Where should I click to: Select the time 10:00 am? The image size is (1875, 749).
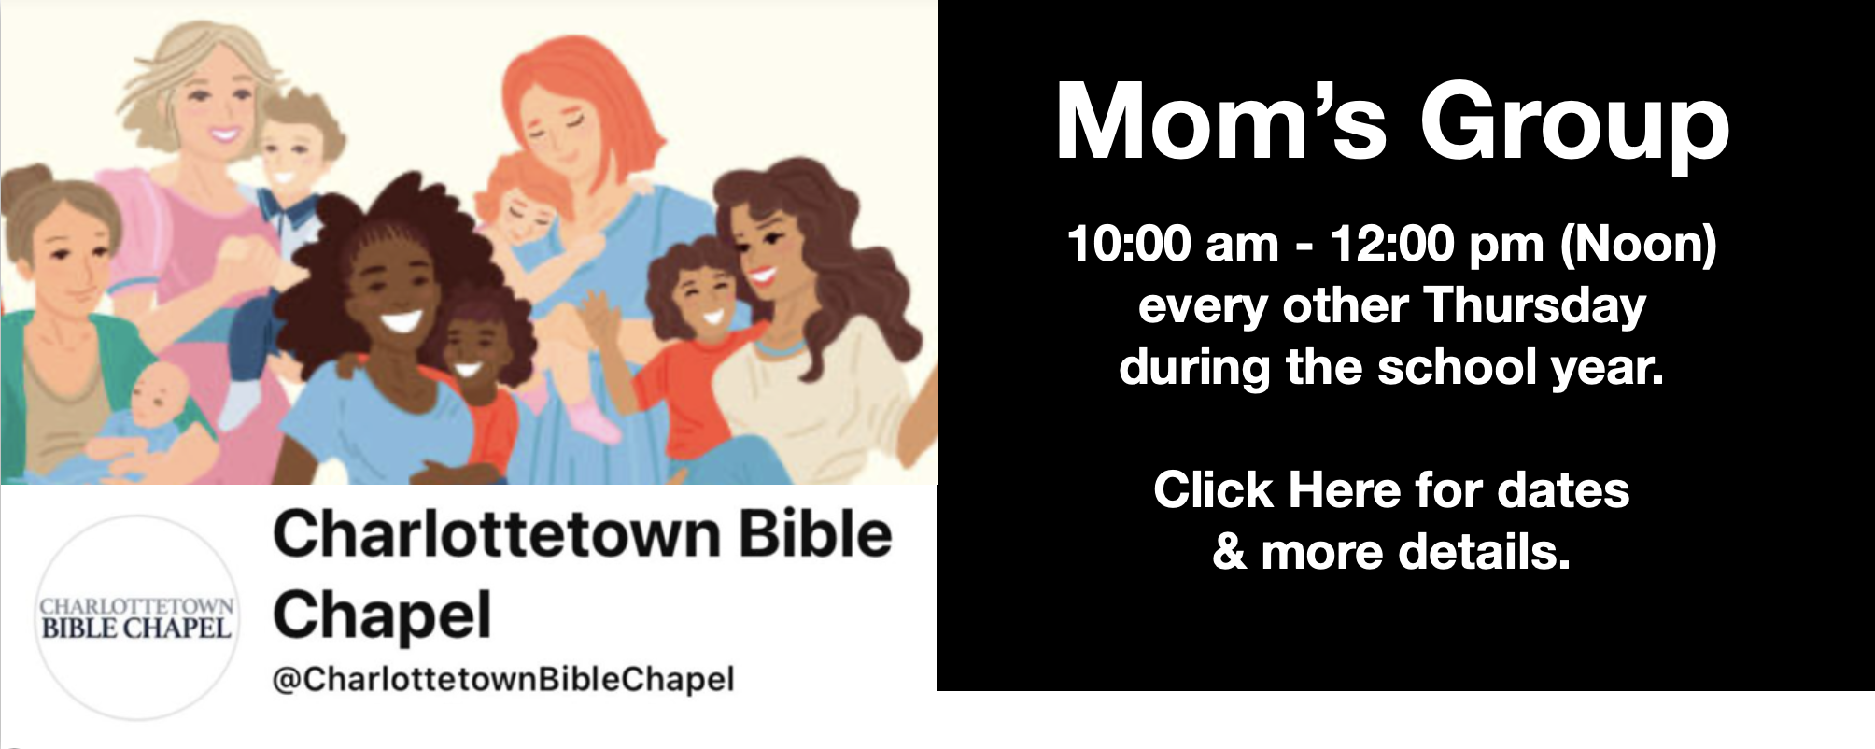coord(1173,245)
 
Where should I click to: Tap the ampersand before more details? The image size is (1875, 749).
coord(1231,552)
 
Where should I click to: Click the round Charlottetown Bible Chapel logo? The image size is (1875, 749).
coord(136,618)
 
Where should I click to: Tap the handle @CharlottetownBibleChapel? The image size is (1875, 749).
coord(503,679)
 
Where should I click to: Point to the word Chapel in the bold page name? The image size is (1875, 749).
coord(382,615)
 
